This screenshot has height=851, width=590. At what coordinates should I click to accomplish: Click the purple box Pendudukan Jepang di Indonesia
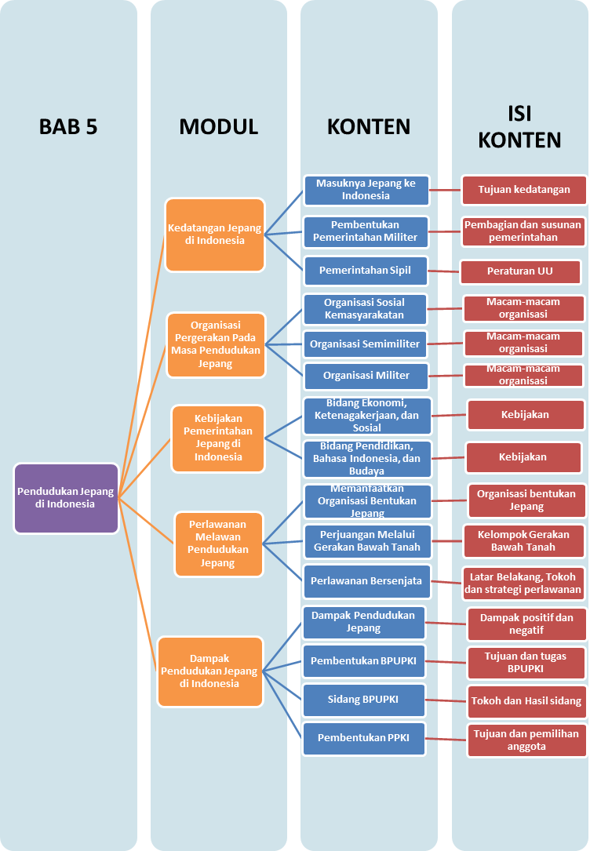click(x=67, y=498)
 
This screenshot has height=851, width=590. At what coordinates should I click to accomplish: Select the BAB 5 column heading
click(x=68, y=127)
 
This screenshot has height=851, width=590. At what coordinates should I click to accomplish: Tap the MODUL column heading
click(x=218, y=127)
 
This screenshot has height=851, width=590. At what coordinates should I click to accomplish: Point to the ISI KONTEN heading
click(x=519, y=127)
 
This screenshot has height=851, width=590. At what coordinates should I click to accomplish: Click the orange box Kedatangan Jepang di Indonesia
click(x=214, y=235)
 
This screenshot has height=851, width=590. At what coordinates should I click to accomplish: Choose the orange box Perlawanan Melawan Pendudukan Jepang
click(x=218, y=544)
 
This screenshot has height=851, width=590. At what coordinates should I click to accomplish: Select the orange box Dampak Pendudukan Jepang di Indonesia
click(x=209, y=671)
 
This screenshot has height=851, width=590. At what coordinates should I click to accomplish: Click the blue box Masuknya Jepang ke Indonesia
click(x=366, y=190)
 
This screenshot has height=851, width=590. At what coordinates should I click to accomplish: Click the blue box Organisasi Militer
click(x=366, y=376)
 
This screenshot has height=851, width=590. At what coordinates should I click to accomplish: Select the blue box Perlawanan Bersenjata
click(x=366, y=581)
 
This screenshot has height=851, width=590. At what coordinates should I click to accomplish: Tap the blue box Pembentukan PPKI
click(x=364, y=738)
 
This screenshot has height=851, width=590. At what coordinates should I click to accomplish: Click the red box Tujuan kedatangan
click(x=524, y=190)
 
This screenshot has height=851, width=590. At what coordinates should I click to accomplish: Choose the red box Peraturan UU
click(x=519, y=271)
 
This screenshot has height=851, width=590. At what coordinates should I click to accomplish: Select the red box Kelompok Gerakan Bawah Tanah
click(x=523, y=541)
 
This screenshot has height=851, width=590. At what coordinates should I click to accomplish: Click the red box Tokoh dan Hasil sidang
click(x=526, y=701)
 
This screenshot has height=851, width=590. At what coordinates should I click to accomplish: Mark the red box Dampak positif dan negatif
click(x=526, y=624)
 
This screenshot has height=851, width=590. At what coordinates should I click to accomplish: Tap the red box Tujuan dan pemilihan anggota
click(x=526, y=740)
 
